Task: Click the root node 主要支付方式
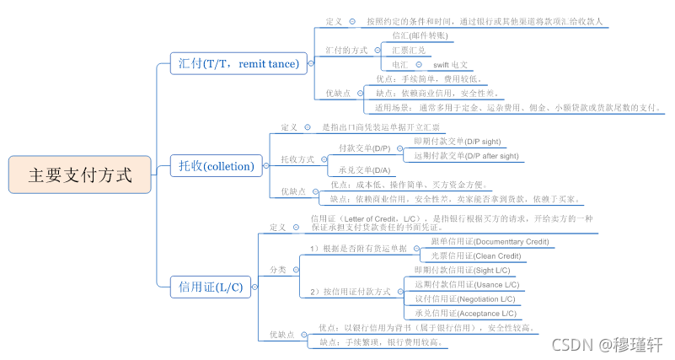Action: click(x=81, y=175)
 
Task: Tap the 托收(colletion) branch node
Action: click(x=216, y=166)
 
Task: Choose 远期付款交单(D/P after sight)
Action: click(x=466, y=155)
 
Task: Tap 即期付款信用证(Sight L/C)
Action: click(x=462, y=270)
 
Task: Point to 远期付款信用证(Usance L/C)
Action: click(x=466, y=284)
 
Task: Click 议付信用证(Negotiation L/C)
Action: click(x=465, y=298)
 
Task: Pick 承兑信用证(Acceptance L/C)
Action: click(x=466, y=313)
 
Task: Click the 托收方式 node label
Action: click(x=297, y=159)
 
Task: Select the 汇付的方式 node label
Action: click(x=346, y=50)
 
